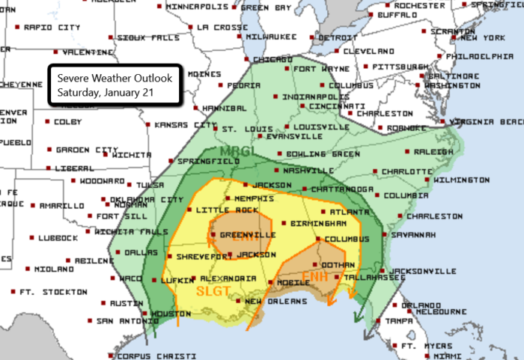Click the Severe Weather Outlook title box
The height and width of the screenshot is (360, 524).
[112, 86]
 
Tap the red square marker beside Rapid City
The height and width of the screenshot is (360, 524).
[19, 27]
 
